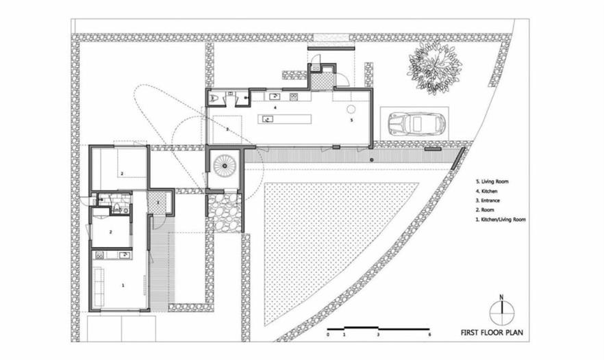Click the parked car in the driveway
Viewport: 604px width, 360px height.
pyautogui.click(x=417, y=124)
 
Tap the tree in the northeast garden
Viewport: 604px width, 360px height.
pyautogui.click(x=435, y=68)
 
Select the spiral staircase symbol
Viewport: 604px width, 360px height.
pyautogui.click(x=224, y=166)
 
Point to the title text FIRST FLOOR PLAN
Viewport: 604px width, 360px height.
pyautogui.click(x=492, y=333)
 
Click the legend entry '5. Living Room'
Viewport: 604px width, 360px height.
pyautogui.click(x=492, y=181)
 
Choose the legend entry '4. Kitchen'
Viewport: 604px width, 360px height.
pyautogui.click(x=486, y=191)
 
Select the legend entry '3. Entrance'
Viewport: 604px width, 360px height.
pyautogui.click(x=488, y=201)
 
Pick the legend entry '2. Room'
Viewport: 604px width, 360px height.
pyautogui.click(x=485, y=210)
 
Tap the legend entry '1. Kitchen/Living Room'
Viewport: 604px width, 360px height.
pyautogui.click(x=501, y=220)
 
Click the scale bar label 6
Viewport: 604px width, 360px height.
pyautogui.click(x=429, y=335)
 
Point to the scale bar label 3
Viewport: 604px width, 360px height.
pyautogui.click(x=378, y=335)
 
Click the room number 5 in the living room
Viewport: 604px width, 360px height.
pyautogui.click(x=351, y=120)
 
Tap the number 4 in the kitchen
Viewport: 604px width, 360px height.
pyautogui.click(x=275, y=108)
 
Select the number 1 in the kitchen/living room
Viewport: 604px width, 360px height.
pyautogui.click(x=123, y=285)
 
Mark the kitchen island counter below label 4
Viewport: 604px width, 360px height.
pyautogui.click(x=284, y=119)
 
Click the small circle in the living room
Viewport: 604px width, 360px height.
pyautogui.click(x=351, y=110)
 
